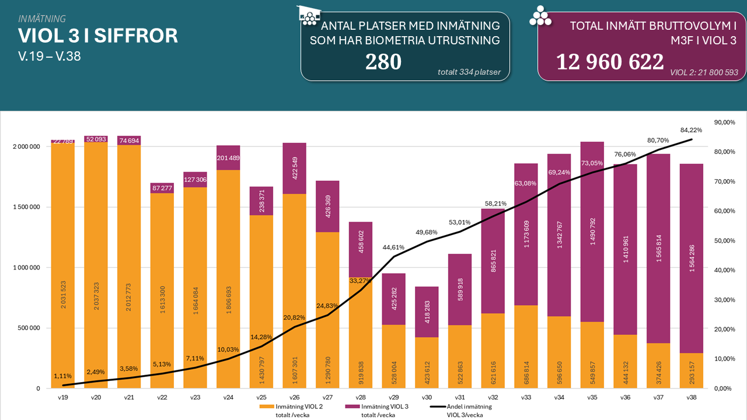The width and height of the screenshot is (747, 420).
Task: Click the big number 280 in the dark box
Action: tap(383, 62)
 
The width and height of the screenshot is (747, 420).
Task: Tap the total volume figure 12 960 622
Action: tap(609, 62)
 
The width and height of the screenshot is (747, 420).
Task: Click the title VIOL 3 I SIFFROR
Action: tap(98, 36)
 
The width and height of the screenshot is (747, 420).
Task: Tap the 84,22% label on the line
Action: tap(691, 130)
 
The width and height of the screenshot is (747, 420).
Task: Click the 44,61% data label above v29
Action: tap(395, 247)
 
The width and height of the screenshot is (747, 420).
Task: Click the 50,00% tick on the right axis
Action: tap(724, 241)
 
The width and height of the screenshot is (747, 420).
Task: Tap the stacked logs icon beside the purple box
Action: tap(540, 16)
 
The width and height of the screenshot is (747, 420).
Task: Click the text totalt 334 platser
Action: tap(473, 72)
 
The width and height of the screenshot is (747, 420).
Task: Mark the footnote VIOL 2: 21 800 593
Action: tap(703, 73)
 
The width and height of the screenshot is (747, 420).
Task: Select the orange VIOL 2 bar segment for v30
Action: tap(427, 362)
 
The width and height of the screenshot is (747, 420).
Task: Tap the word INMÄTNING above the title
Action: tap(42, 19)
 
